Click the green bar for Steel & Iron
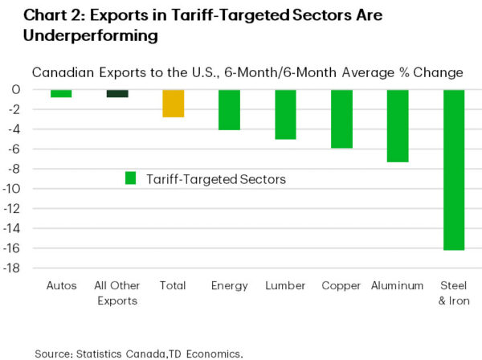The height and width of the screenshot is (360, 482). click(454, 170)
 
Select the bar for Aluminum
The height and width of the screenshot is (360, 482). click(398, 126)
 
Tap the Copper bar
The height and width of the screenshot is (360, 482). click(341, 119)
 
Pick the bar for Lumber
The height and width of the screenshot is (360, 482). click(285, 114)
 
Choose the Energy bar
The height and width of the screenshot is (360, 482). click(230, 110)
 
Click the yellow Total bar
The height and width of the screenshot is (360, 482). click(174, 104)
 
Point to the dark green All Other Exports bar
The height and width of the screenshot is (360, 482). click(117, 93)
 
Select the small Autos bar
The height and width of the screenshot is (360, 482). click(61, 93)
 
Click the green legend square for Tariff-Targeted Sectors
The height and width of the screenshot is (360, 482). click(131, 178)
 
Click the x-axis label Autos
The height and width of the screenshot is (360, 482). click(61, 285)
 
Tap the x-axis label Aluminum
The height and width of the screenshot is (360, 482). click(398, 285)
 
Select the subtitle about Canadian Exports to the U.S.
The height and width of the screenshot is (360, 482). click(247, 72)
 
